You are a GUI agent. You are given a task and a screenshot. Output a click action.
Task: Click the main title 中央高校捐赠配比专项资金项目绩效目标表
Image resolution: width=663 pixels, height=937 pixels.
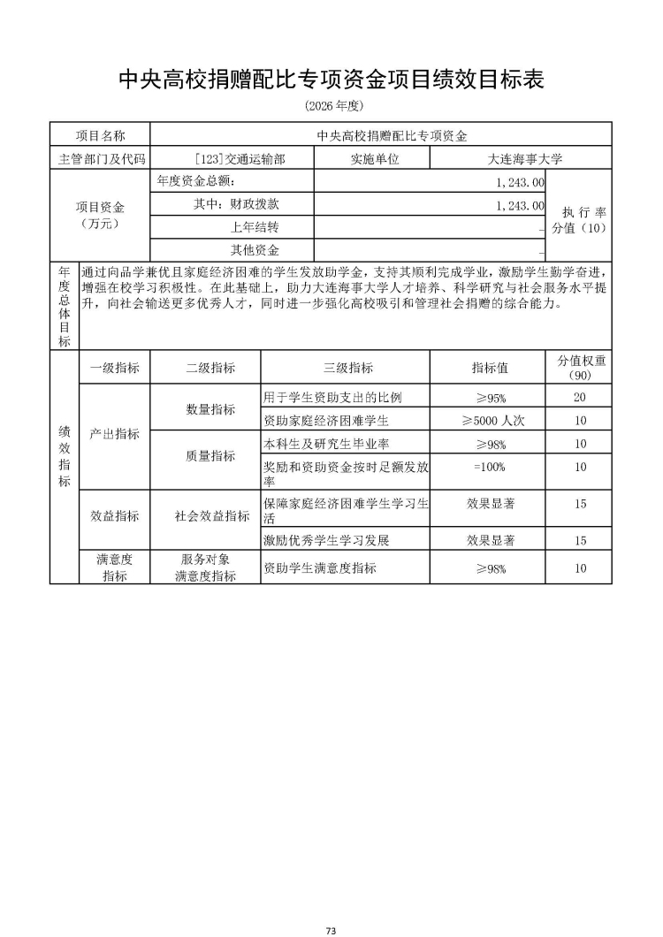click(331, 80)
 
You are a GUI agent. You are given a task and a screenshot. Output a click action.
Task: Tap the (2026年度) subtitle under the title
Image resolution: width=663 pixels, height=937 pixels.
click(331, 106)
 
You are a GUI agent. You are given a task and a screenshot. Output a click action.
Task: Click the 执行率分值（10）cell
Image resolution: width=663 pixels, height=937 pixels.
click(580, 216)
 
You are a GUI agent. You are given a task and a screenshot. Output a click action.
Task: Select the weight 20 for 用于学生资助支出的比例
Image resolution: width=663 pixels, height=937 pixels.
click(580, 397)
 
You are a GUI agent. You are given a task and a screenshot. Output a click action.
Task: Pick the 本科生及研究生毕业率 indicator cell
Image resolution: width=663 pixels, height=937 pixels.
click(327, 444)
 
